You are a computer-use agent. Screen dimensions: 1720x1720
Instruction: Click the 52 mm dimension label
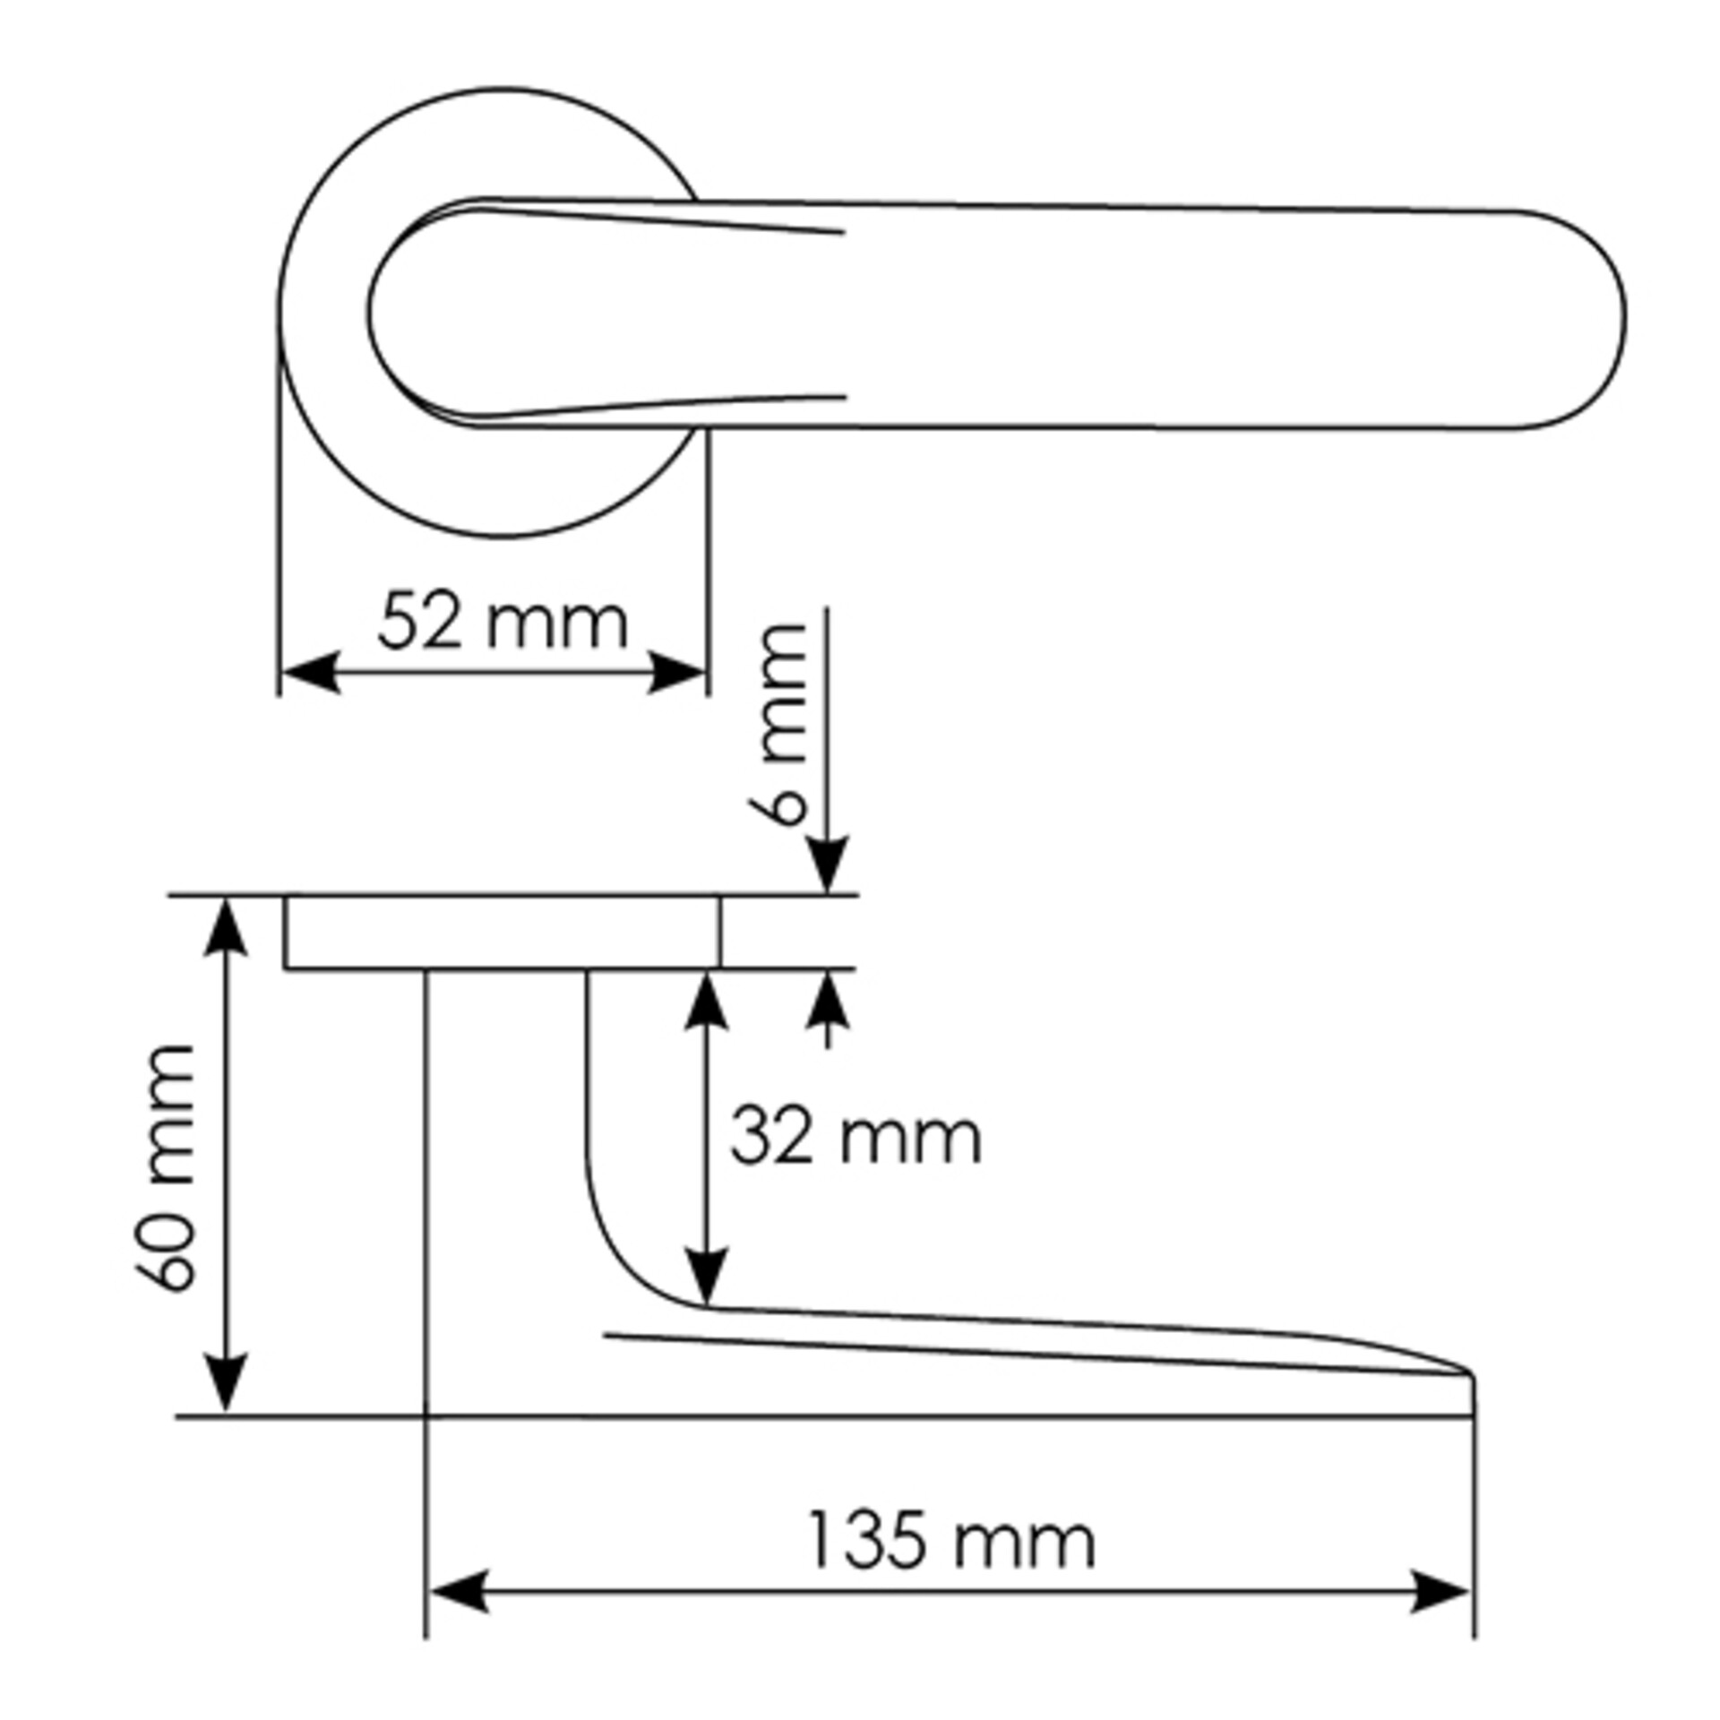pos(503,621)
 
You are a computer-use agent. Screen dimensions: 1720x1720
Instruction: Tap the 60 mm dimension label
pos(164,1168)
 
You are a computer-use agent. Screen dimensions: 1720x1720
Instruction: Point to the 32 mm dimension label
pos(856,1138)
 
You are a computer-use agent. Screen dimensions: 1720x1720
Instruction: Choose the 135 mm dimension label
pos(951,1540)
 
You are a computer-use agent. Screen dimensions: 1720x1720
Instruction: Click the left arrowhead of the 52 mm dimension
pos(310,672)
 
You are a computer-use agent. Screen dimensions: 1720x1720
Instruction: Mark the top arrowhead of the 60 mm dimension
pos(226,927)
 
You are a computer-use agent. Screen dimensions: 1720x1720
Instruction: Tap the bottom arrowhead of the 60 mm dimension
pos(226,1383)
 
